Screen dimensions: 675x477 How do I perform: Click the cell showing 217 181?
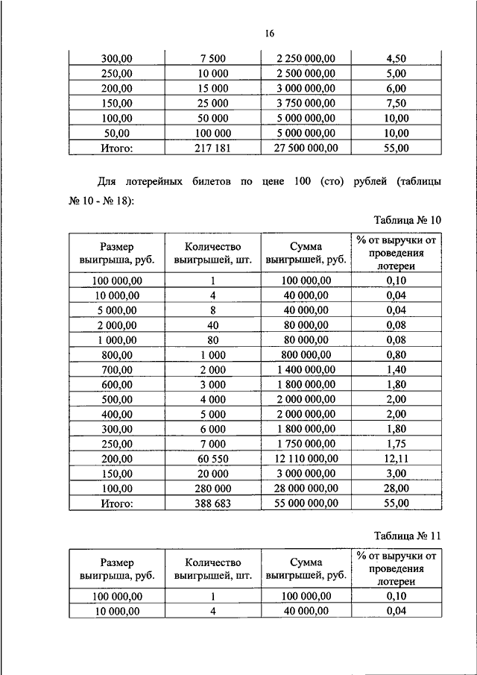213,148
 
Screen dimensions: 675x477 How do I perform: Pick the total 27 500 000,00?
307,148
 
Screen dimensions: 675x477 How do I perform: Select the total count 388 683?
213,504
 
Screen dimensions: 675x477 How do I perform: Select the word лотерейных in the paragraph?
159,181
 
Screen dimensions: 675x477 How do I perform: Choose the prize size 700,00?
116,369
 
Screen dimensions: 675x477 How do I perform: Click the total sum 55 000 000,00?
307,504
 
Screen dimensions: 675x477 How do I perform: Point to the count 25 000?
213,104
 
